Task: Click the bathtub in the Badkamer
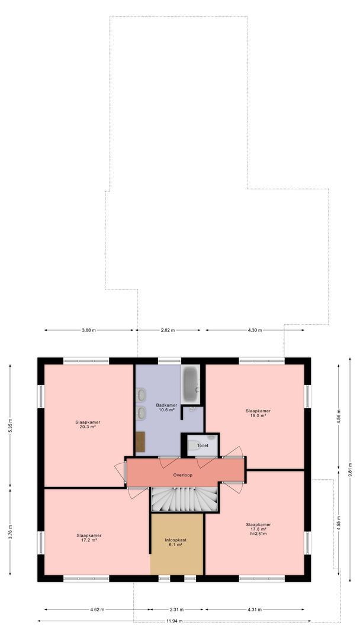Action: click(x=191, y=383)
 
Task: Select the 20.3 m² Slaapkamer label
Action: click(x=88, y=424)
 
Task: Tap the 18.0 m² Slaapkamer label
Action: click(x=258, y=413)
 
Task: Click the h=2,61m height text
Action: click(x=258, y=534)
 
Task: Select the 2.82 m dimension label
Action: click(x=168, y=330)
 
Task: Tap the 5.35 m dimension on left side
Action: click(x=10, y=427)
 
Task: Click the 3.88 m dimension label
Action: click(x=90, y=330)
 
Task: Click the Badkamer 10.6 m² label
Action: click(x=165, y=407)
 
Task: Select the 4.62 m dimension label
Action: click(x=97, y=609)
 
